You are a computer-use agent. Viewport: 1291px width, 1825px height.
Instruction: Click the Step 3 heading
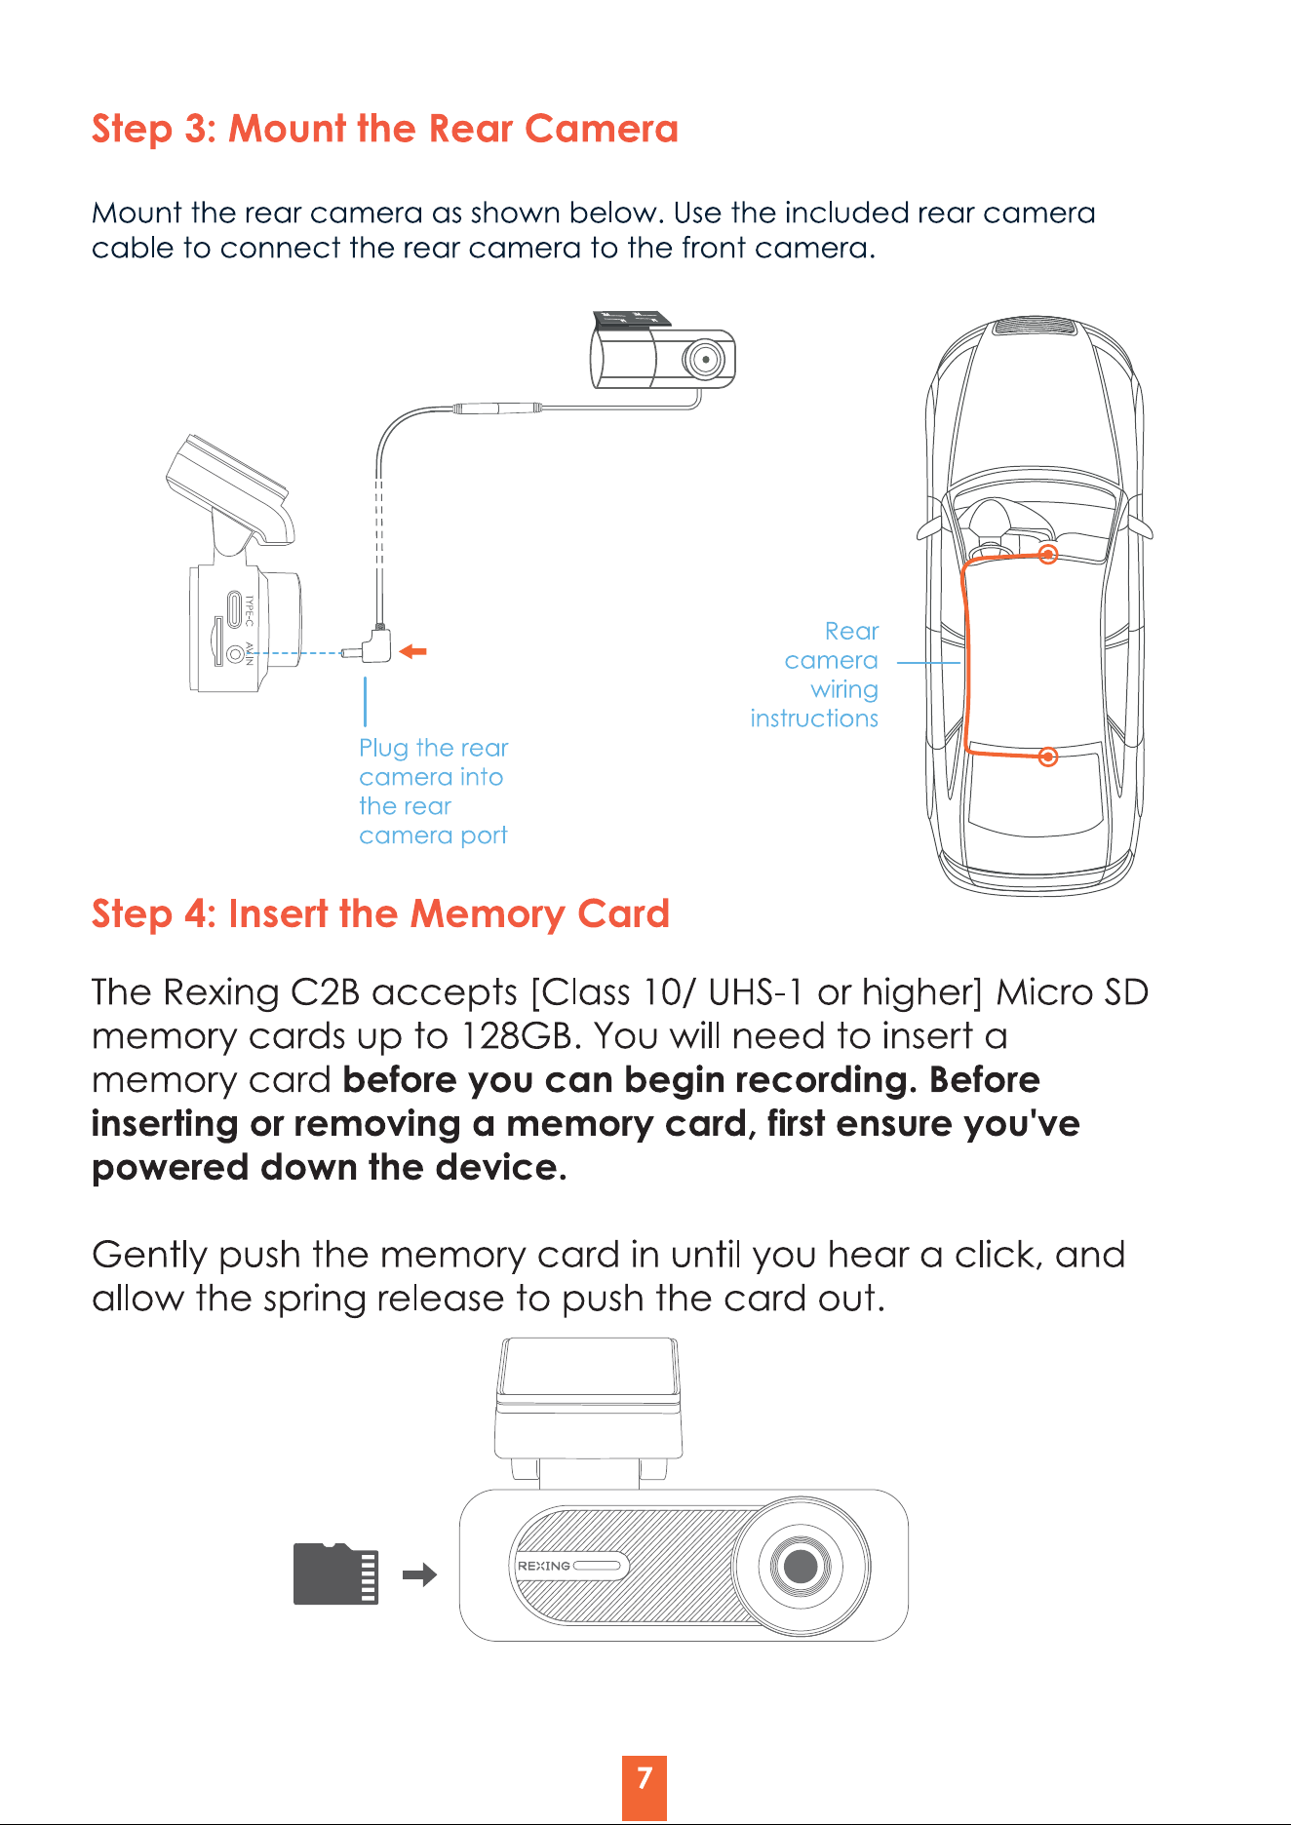[384, 129]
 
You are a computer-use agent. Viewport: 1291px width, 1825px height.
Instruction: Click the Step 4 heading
[380, 914]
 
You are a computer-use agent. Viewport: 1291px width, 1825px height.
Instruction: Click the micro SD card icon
[335, 1573]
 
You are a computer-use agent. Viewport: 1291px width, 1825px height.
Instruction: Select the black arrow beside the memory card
[419, 1574]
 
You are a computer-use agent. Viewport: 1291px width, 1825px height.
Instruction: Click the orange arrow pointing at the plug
[413, 651]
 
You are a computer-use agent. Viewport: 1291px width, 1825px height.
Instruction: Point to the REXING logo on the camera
[544, 1566]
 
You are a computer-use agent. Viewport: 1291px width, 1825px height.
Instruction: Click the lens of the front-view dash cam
[801, 1567]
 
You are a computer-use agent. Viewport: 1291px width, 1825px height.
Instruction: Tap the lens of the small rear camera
[703, 359]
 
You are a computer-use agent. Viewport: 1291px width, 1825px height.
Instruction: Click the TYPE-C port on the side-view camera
[235, 610]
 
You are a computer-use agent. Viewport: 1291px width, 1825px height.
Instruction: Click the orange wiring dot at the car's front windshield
[1048, 555]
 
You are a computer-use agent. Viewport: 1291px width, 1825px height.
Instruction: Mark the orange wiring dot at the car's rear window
[1048, 757]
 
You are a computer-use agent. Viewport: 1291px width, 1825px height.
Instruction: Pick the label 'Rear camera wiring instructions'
[814, 675]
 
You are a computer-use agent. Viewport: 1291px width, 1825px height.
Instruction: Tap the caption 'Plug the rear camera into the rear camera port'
[434, 792]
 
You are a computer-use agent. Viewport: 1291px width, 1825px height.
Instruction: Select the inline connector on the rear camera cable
[497, 408]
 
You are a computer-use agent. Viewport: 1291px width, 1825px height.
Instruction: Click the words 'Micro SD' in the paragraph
[1073, 992]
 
